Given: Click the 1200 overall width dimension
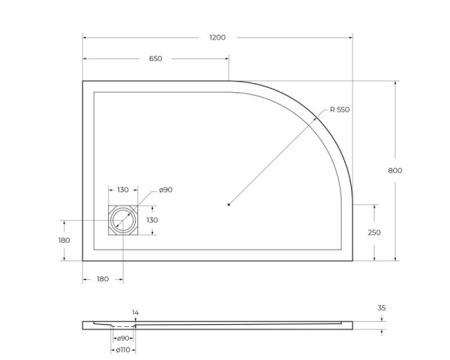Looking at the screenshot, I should coord(217,37).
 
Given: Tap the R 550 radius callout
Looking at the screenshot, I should coord(339,110).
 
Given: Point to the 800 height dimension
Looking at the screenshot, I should coord(395,170).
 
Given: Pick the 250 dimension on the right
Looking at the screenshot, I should coord(373,232).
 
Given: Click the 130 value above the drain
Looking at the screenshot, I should coord(123,190).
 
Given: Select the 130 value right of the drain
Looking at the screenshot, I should coord(151,220).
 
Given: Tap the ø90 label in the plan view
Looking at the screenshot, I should coord(165,190).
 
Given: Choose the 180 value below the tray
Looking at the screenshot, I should coord(103,279).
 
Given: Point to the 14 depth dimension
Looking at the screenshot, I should coord(135,312).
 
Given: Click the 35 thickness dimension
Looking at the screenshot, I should coord(382,307).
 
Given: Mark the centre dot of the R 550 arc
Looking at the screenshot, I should coord(229,203).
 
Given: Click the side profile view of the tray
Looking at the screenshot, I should coord(225,325).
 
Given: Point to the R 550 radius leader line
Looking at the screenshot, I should coord(277,157).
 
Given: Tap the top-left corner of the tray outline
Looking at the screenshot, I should coord(82,81).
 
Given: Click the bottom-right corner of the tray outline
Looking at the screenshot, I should coord(352,260).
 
